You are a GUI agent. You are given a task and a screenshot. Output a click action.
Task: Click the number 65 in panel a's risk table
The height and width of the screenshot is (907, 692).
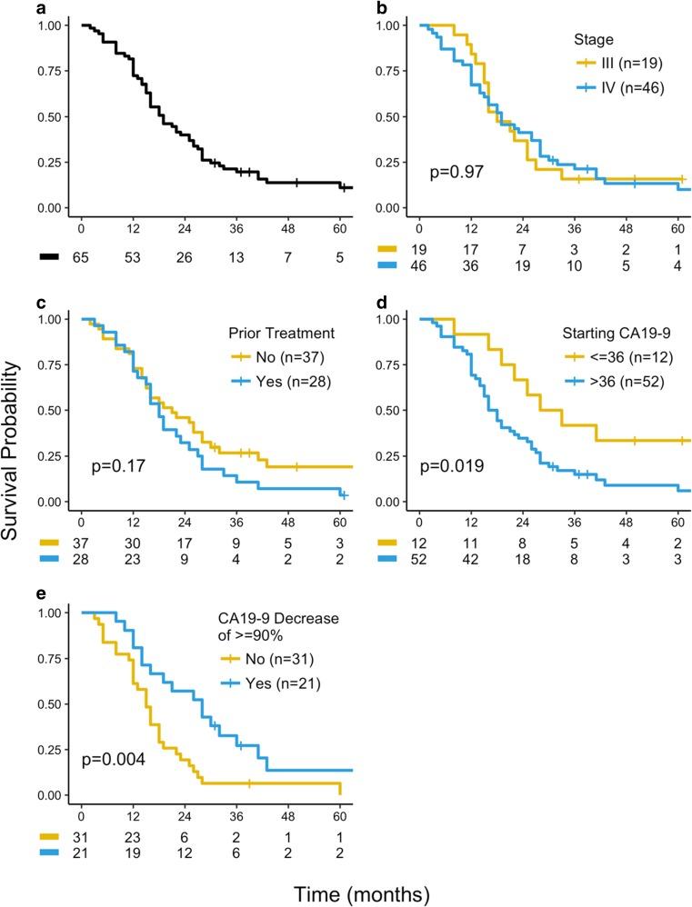(x=82, y=257)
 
